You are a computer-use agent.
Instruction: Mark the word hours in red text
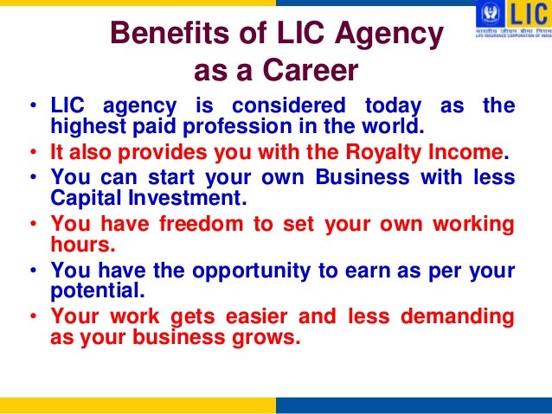click(x=81, y=245)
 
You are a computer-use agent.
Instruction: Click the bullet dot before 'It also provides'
click(x=31, y=155)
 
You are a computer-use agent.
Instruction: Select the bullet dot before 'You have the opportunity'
click(x=31, y=271)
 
